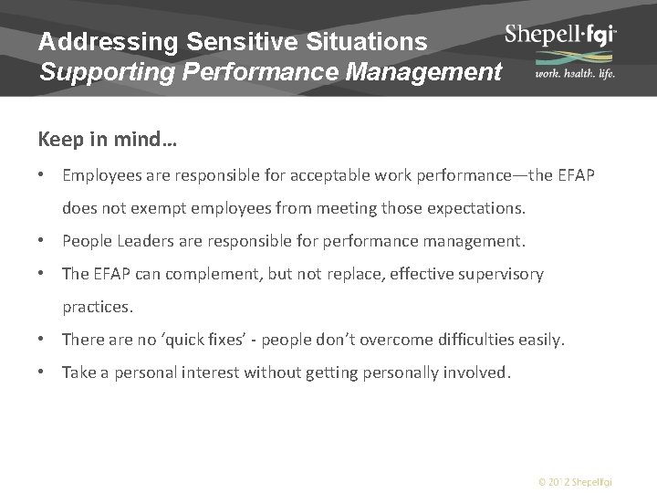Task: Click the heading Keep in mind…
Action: (x=108, y=141)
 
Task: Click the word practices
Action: (x=98, y=307)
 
